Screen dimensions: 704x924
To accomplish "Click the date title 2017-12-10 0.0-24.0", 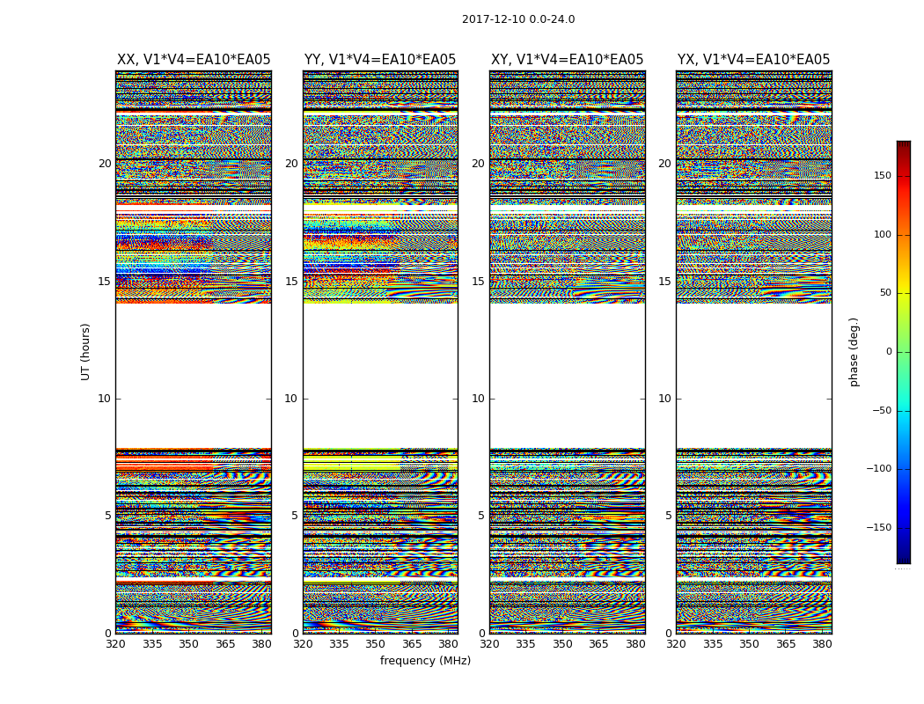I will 518,19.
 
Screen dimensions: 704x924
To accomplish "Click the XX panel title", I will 194,60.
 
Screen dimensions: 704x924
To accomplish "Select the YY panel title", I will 380,60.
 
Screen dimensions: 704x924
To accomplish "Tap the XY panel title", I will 567,60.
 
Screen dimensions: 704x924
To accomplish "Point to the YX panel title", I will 753,60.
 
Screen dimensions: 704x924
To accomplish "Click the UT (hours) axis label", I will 86,351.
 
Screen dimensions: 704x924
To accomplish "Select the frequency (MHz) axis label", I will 425,661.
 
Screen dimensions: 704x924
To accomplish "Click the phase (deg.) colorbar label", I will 854,351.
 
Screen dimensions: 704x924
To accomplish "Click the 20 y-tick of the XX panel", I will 105,164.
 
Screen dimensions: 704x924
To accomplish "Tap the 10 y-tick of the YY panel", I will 291,399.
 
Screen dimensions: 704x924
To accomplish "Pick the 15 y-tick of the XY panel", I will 478,282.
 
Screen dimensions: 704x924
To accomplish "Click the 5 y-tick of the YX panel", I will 668,516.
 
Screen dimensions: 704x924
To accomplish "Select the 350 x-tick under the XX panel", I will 188,644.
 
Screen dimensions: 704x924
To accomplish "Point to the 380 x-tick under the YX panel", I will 822,644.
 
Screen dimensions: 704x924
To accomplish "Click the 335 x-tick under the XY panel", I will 526,644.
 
